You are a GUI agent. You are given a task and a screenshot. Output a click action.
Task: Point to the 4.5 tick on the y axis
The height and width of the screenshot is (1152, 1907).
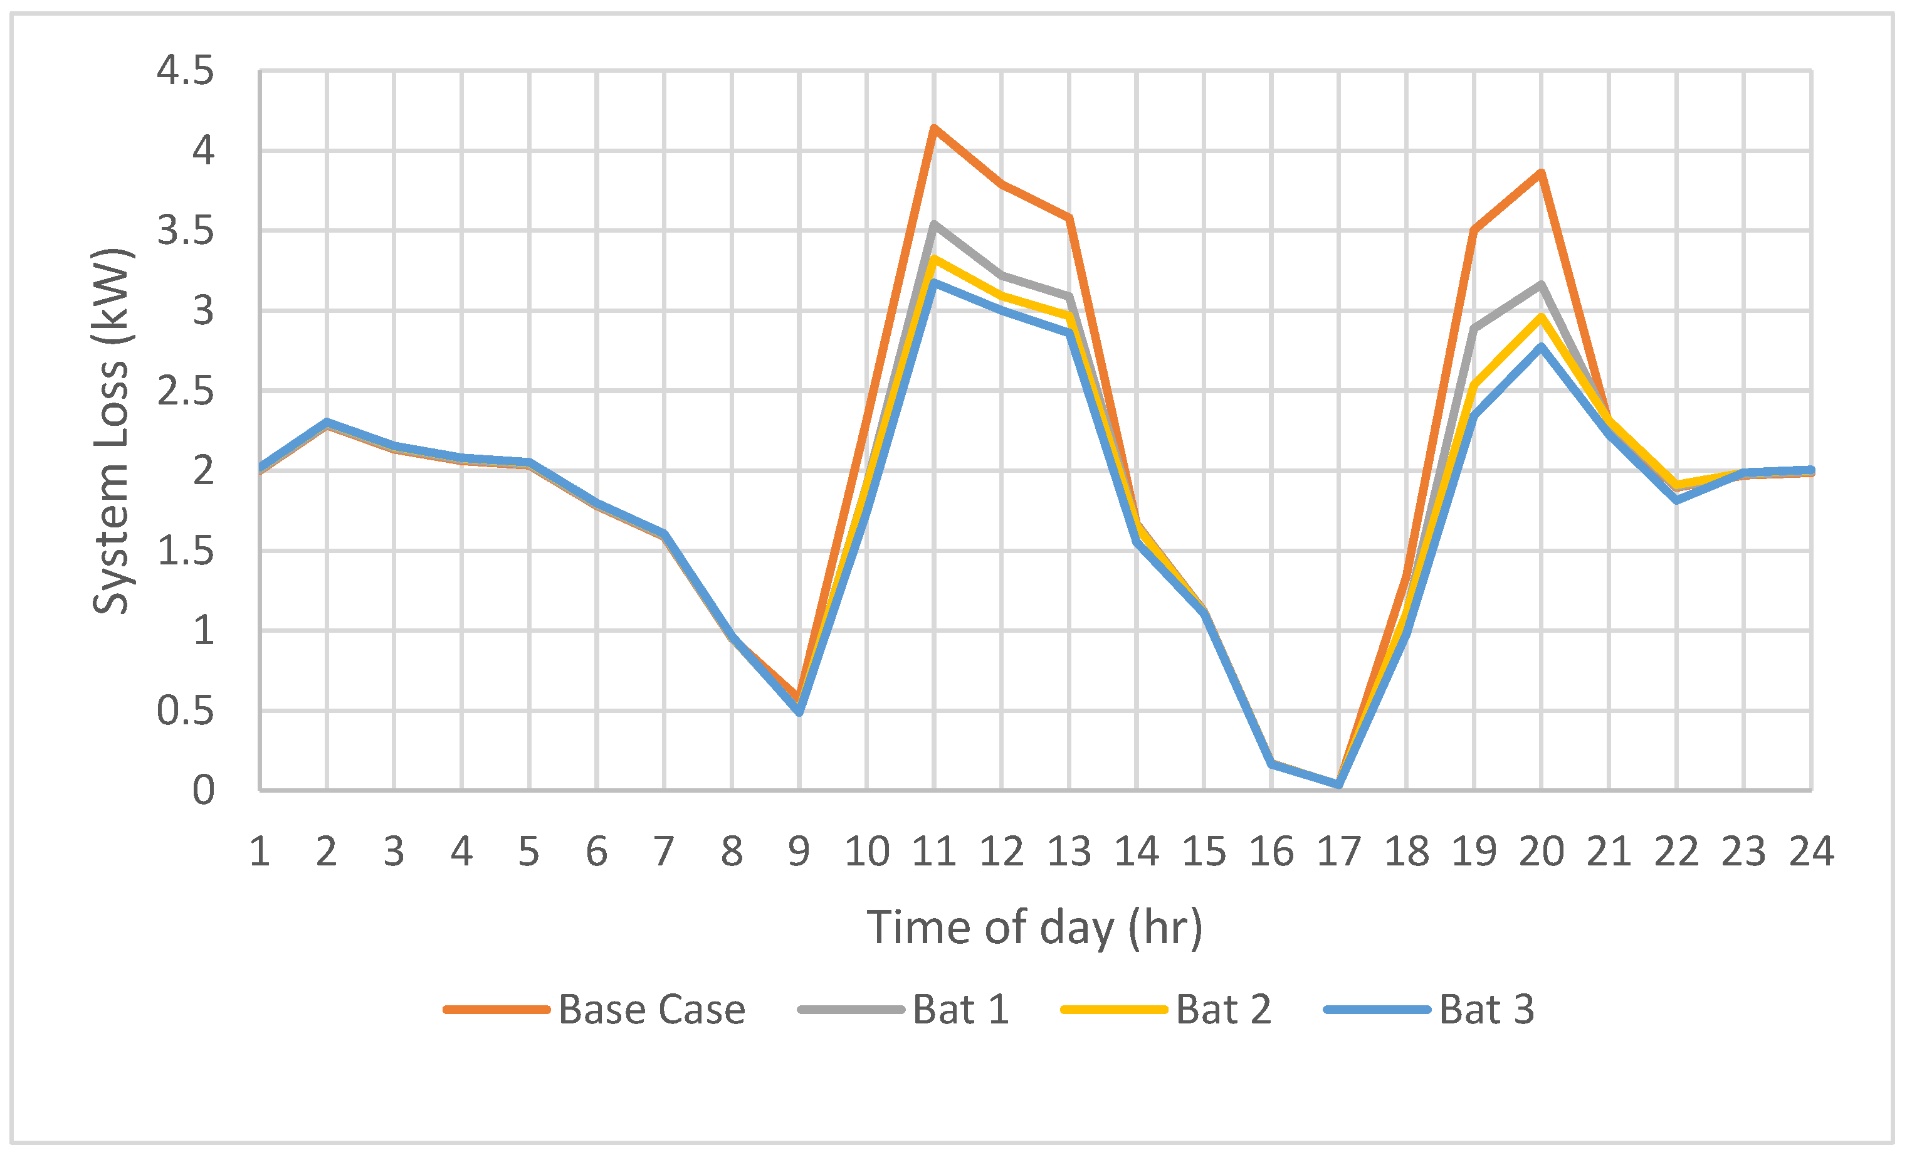(186, 71)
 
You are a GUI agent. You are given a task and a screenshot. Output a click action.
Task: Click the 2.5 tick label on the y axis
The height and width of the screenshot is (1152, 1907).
(186, 391)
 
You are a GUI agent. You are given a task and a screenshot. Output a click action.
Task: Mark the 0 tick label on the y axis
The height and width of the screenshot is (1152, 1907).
(202, 790)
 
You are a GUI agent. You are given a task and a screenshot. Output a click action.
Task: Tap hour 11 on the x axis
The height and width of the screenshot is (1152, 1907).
(934, 852)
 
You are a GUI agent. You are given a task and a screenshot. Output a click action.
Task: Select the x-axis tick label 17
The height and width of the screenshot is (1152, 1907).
(1339, 852)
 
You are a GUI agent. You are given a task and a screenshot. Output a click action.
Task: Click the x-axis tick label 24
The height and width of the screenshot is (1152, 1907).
(1811, 852)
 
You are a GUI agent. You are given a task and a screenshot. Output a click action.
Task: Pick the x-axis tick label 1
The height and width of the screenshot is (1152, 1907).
(260, 852)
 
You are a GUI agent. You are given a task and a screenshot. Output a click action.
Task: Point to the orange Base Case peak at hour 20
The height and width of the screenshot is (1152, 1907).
(1542, 172)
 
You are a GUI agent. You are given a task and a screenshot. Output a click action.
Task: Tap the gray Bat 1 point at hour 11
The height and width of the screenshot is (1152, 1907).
(934, 225)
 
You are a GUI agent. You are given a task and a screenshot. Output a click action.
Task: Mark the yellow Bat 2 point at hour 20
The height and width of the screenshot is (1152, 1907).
(1542, 317)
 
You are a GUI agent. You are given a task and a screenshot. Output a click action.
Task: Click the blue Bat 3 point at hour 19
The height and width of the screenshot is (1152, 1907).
(1474, 416)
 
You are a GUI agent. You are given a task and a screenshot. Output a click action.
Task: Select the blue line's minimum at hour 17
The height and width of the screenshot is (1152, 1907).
(1339, 785)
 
